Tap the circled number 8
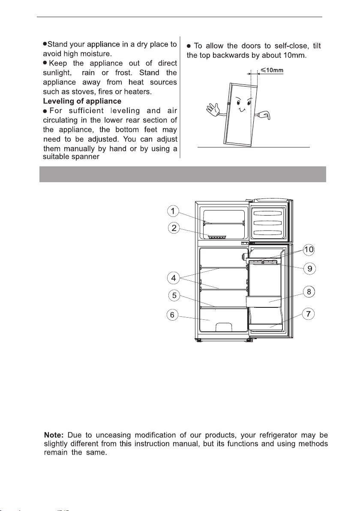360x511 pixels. coord(309,292)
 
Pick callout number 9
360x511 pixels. coord(309,269)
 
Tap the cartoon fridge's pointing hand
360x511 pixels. coord(265,115)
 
